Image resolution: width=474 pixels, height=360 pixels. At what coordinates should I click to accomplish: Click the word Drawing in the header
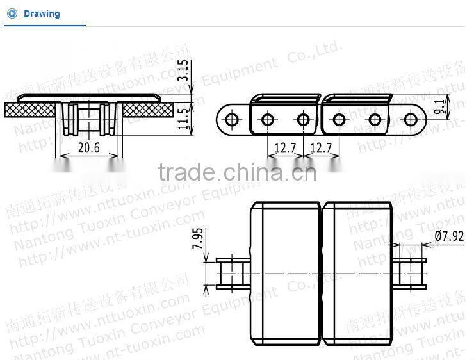(x=42, y=13)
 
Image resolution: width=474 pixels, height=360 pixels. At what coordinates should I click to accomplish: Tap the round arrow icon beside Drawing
(x=12, y=13)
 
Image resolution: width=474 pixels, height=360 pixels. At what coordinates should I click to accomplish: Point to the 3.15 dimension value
(x=184, y=70)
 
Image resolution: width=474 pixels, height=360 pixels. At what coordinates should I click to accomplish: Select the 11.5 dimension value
(x=184, y=120)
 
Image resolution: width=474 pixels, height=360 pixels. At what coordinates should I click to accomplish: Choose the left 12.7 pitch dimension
(x=284, y=148)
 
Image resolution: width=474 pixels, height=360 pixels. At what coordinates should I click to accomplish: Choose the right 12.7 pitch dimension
(x=320, y=148)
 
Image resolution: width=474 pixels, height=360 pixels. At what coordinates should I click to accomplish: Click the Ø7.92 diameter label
(x=448, y=236)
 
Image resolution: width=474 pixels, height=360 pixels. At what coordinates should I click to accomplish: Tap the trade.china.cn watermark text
(x=236, y=172)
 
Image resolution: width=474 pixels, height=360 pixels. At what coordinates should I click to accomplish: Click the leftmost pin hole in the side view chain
(x=232, y=119)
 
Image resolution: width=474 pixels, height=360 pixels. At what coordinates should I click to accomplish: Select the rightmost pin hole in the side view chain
(x=410, y=119)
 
